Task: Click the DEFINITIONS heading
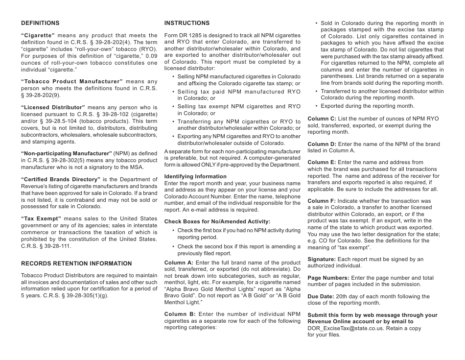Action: [x=40, y=23]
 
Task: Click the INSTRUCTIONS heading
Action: [x=186, y=23]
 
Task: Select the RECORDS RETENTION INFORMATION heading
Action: [x=76, y=264]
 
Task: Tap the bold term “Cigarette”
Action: [x=38, y=35]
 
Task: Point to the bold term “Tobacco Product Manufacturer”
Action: [x=71, y=81]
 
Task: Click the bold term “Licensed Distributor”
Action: [x=53, y=107]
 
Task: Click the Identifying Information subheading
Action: [x=195, y=176]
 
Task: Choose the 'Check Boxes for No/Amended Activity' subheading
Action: [x=217, y=221]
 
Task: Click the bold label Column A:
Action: [x=178, y=263]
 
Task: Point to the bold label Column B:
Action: [x=179, y=314]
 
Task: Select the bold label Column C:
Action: [x=322, y=119]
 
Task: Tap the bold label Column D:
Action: [x=322, y=144]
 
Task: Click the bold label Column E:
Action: [x=322, y=162]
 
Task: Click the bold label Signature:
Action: [x=322, y=259]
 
